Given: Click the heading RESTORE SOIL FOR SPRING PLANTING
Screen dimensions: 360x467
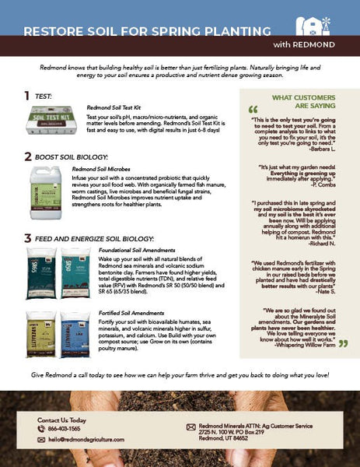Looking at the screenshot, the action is (147, 32).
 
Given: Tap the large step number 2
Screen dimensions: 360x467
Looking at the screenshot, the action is (28, 156).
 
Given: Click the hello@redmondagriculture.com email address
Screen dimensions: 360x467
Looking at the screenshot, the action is (91, 440).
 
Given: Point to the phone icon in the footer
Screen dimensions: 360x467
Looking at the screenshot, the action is (41, 429).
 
